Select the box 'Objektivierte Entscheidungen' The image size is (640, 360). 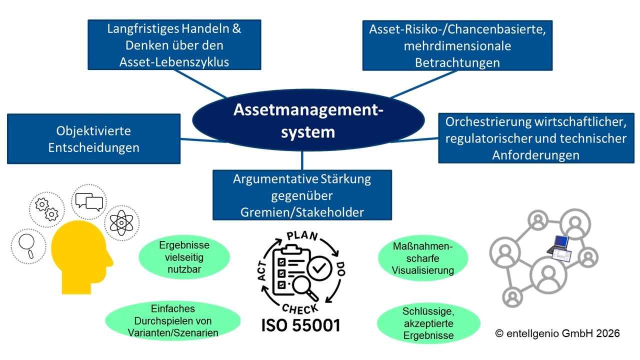[93, 139]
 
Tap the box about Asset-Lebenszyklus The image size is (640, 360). [174, 45]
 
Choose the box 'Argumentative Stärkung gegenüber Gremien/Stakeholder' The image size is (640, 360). [302, 195]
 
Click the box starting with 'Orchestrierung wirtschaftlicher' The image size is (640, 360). [536, 138]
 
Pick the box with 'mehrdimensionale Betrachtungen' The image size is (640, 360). [457, 45]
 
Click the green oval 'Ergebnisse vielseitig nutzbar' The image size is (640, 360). [184, 257]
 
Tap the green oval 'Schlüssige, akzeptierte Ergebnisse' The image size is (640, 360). [428, 323]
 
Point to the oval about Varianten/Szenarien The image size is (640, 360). [173, 320]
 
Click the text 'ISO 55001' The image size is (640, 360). [301, 325]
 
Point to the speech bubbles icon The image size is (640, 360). [89, 201]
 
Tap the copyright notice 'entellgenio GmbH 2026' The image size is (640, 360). [557, 333]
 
